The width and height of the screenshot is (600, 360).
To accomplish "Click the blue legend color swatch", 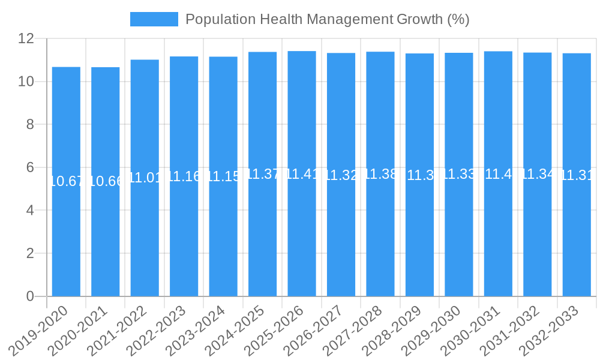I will pyautogui.click(x=154, y=19).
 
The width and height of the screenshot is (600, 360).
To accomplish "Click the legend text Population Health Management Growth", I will pyautogui.click(x=327, y=19).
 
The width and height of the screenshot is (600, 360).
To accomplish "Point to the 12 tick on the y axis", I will pyautogui.click(x=26, y=38).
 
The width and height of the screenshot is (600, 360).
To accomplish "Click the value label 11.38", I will pyautogui.click(x=380, y=175).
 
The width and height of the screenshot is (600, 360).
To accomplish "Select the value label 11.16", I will pyautogui.click(x=184, y=176).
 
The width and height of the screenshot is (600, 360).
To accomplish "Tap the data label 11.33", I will pyautogui.click(x=459, y=175).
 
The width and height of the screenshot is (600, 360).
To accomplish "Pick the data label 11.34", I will pyautogui.click(x=538, y=175).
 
